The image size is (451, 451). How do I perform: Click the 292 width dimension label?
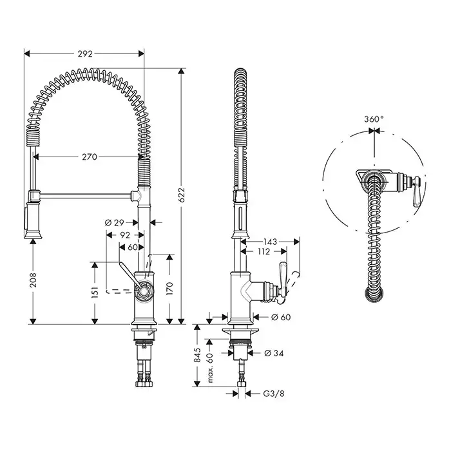point(85,54)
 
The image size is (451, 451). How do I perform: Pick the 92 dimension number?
point(126,235)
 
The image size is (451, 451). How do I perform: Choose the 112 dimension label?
point(263,252)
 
